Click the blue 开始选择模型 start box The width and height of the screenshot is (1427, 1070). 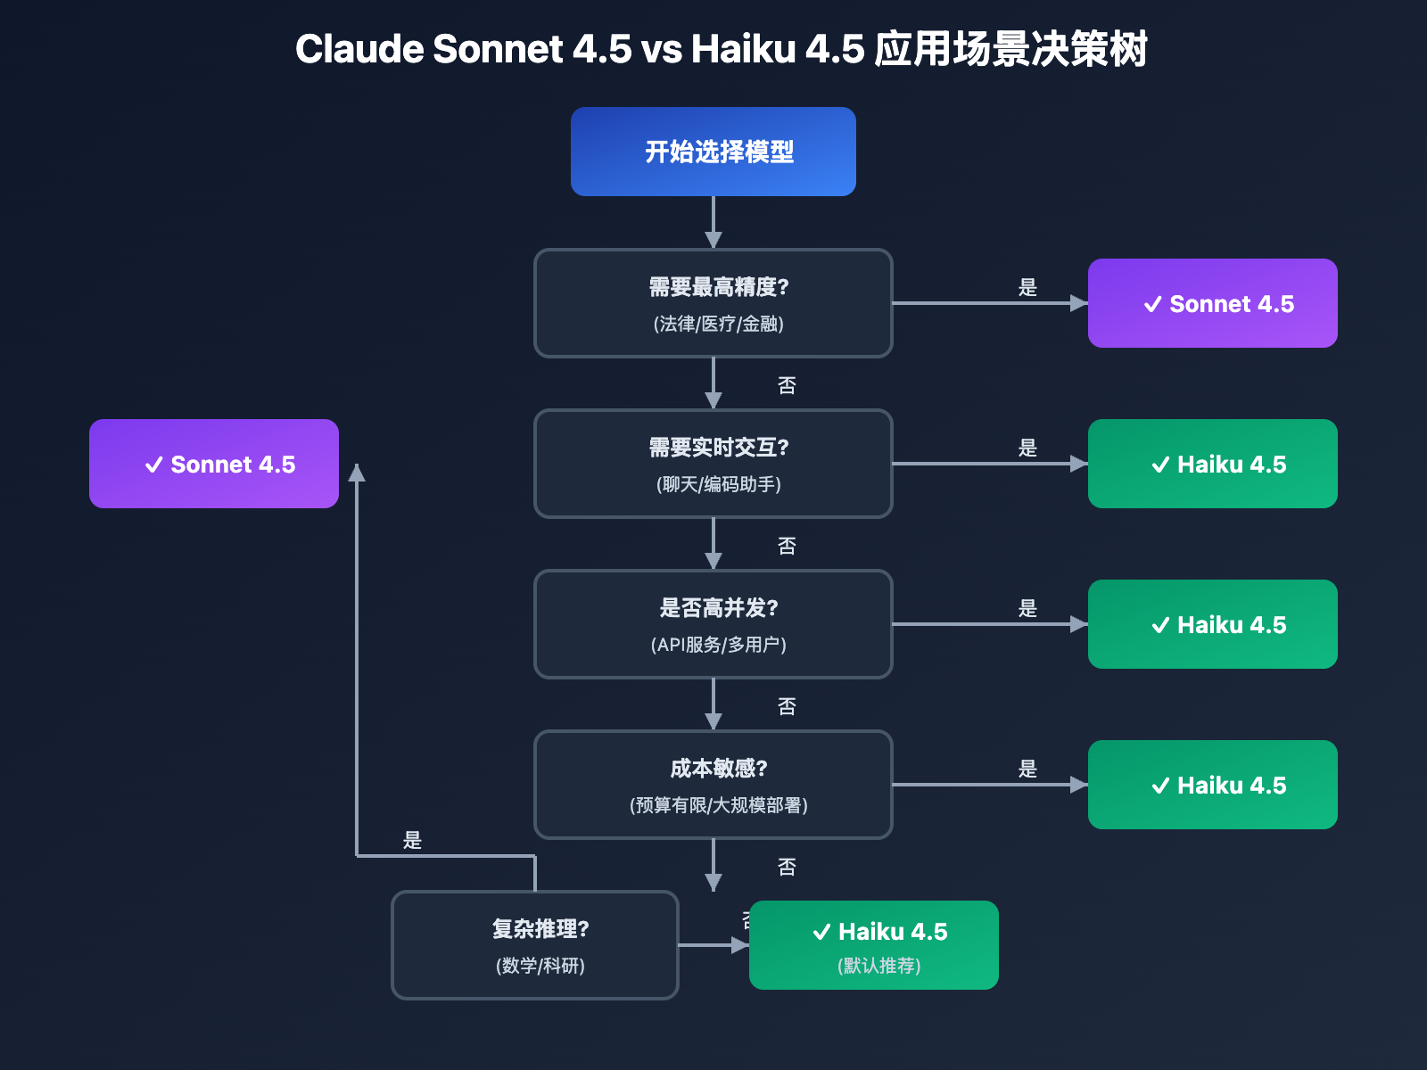(x=713, y=152)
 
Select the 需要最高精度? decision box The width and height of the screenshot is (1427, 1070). (x=713, y=303)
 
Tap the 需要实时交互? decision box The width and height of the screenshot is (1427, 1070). (x=713, y=464)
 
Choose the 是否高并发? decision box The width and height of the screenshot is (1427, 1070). (x=713, y=624)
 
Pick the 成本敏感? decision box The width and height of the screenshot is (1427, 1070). (x=713, y=785)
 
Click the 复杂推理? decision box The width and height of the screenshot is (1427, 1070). (x=535, y=945)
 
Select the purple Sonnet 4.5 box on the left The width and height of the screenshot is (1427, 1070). (x=214, y=464)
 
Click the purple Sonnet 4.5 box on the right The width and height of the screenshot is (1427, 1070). (x=1213, y=303)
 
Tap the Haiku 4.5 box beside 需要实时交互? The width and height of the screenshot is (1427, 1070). (x=1213, y=464)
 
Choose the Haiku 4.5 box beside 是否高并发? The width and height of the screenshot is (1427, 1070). (x=1213, y=624)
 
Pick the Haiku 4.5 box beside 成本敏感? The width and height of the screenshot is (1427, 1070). (x=1213, y=785)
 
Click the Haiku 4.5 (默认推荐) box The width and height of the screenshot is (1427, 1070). (x=874, y=945)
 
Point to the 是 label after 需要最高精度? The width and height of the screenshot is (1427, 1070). (x=1027, y=287)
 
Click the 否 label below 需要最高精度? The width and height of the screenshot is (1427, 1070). (x=786, y=385)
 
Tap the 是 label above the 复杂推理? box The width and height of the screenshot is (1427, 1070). (x=412, y=840)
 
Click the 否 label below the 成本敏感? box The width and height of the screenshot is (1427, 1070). (x=786, y=867)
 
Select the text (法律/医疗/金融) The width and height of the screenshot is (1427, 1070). (x=718, y=324)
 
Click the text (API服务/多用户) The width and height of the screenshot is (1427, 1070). (x=718, y=645)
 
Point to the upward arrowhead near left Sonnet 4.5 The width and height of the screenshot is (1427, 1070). (x=357, y=473)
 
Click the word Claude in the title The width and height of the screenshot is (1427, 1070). (x=359, y=49)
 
